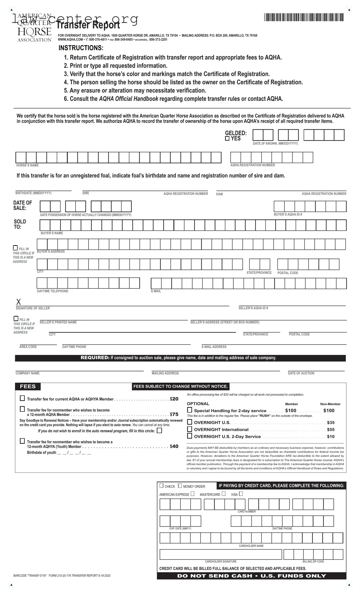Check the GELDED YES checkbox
click(x=227, y=138)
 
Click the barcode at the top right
click(x=304, y=18)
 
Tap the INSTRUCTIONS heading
click(x=81, y=48)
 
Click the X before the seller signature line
click(x=19, y=301)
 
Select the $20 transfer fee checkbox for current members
click(x=22, y=398)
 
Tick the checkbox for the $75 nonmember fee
click(x=22, y=409)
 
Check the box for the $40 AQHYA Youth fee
click(x=22, y=441)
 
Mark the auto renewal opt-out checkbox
click(x=159, y=431)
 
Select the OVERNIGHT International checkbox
click(x=190, y=429)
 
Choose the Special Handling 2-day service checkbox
click(x=190, y=410)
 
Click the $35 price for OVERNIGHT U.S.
click(x=331, y=422)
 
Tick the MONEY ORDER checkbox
click(x=180, y=486)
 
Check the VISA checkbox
click(x=241, y=494)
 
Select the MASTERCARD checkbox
click(x=223, y=494)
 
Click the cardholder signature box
click(x=221, y=554)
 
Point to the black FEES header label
click(x=28, y=386)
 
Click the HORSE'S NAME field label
click(x=28, y=165)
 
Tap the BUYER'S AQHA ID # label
click(x=288, y=214)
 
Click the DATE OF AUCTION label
click(x=301, y=373)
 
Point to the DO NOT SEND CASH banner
click(x=251, y=576)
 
